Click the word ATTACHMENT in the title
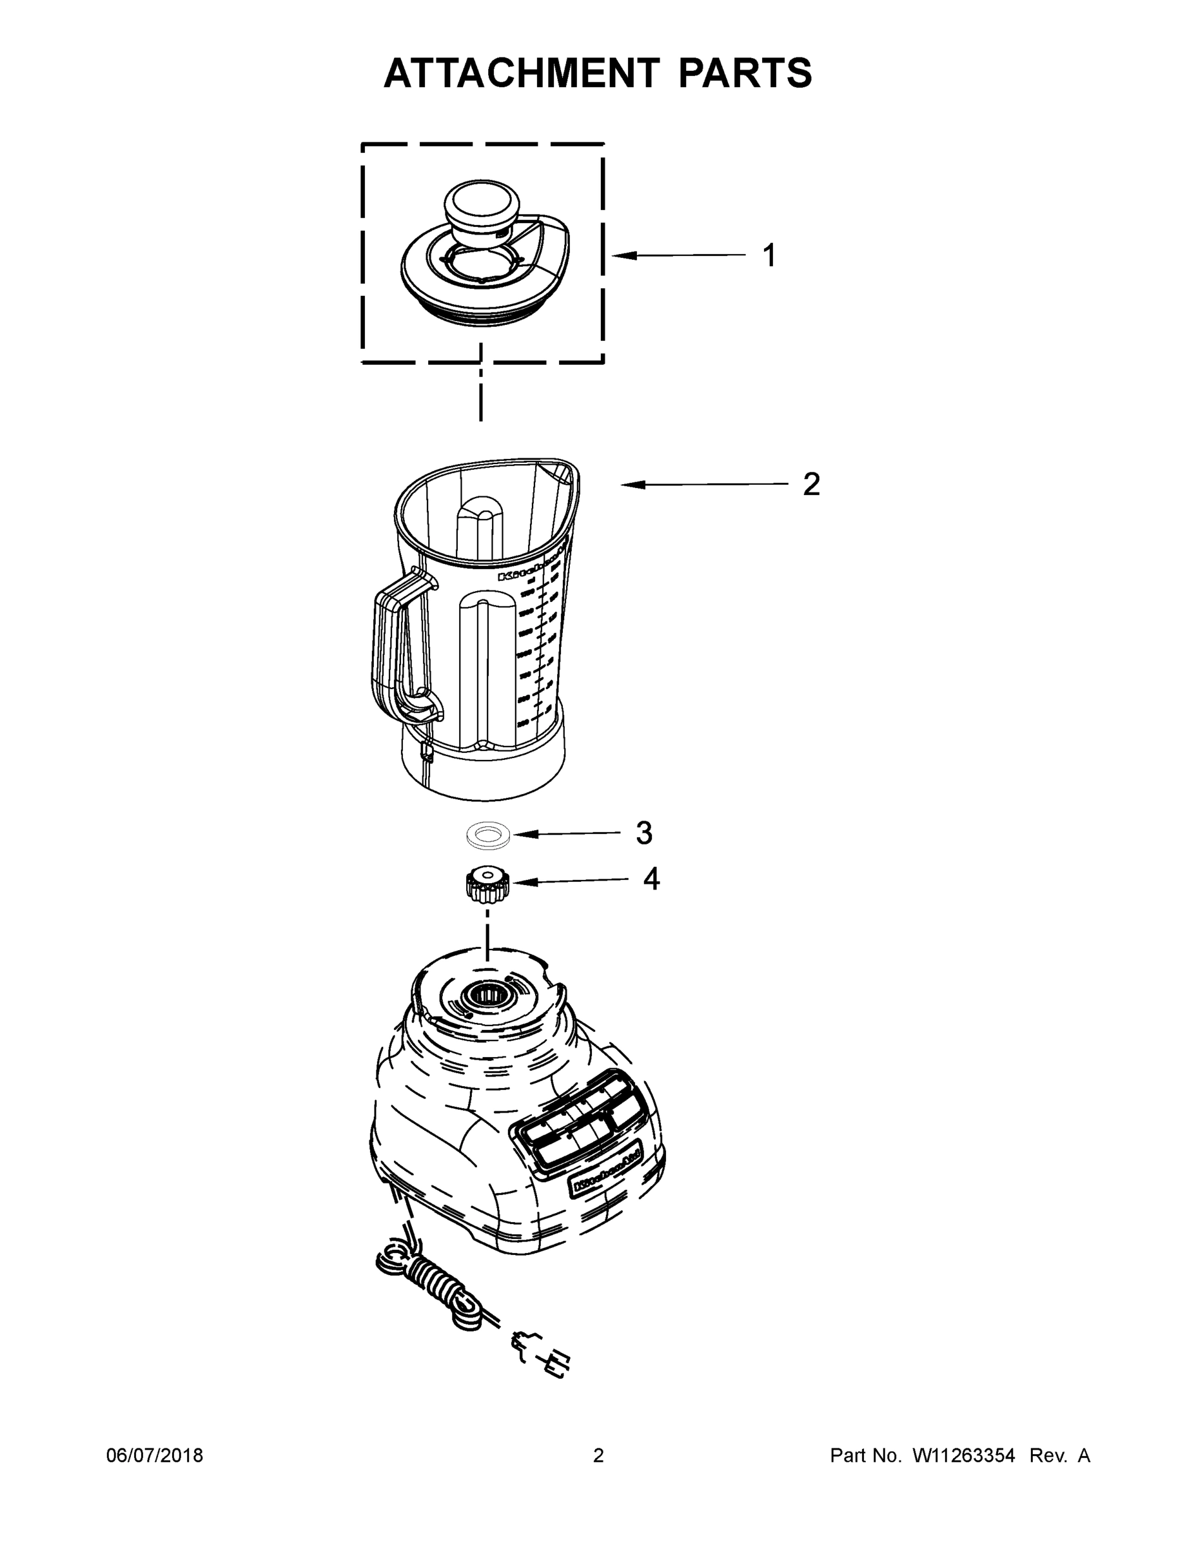point(521,73)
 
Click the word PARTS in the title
point(745,73)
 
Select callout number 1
point(769,256)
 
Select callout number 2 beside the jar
point(811,485)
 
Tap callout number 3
point(643,833)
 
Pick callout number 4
point(651,879)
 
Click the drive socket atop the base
point(487,997)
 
